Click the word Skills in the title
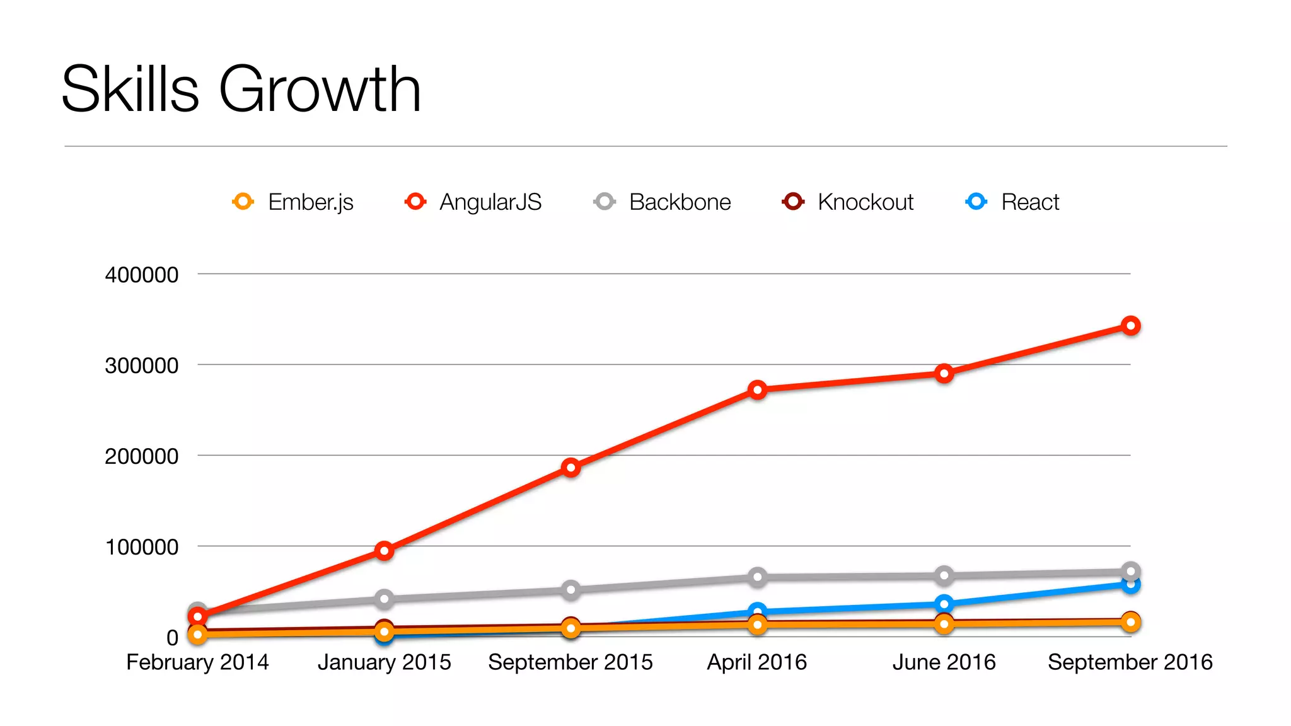(130, 89)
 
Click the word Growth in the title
(320, 89)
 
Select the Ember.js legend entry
(293, 202)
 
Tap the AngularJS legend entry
(473, 202)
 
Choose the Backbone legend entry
(663, 202)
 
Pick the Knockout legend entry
(848, 202)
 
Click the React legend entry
(1013, 202)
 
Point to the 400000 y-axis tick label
(142, 275)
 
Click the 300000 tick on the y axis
(142, 366)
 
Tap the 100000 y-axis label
(142, 547)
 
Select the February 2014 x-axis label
(197, 662)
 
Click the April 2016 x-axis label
(756, 662)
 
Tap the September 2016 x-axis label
(1130, 662)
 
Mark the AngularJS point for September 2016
(1131, 326)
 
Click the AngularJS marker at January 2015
(384, 551)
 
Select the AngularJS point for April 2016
(758, 390)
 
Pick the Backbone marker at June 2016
(944, 575)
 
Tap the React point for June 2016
(944, 604)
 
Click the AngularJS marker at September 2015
(570, 468)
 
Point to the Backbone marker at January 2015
(384, 599)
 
